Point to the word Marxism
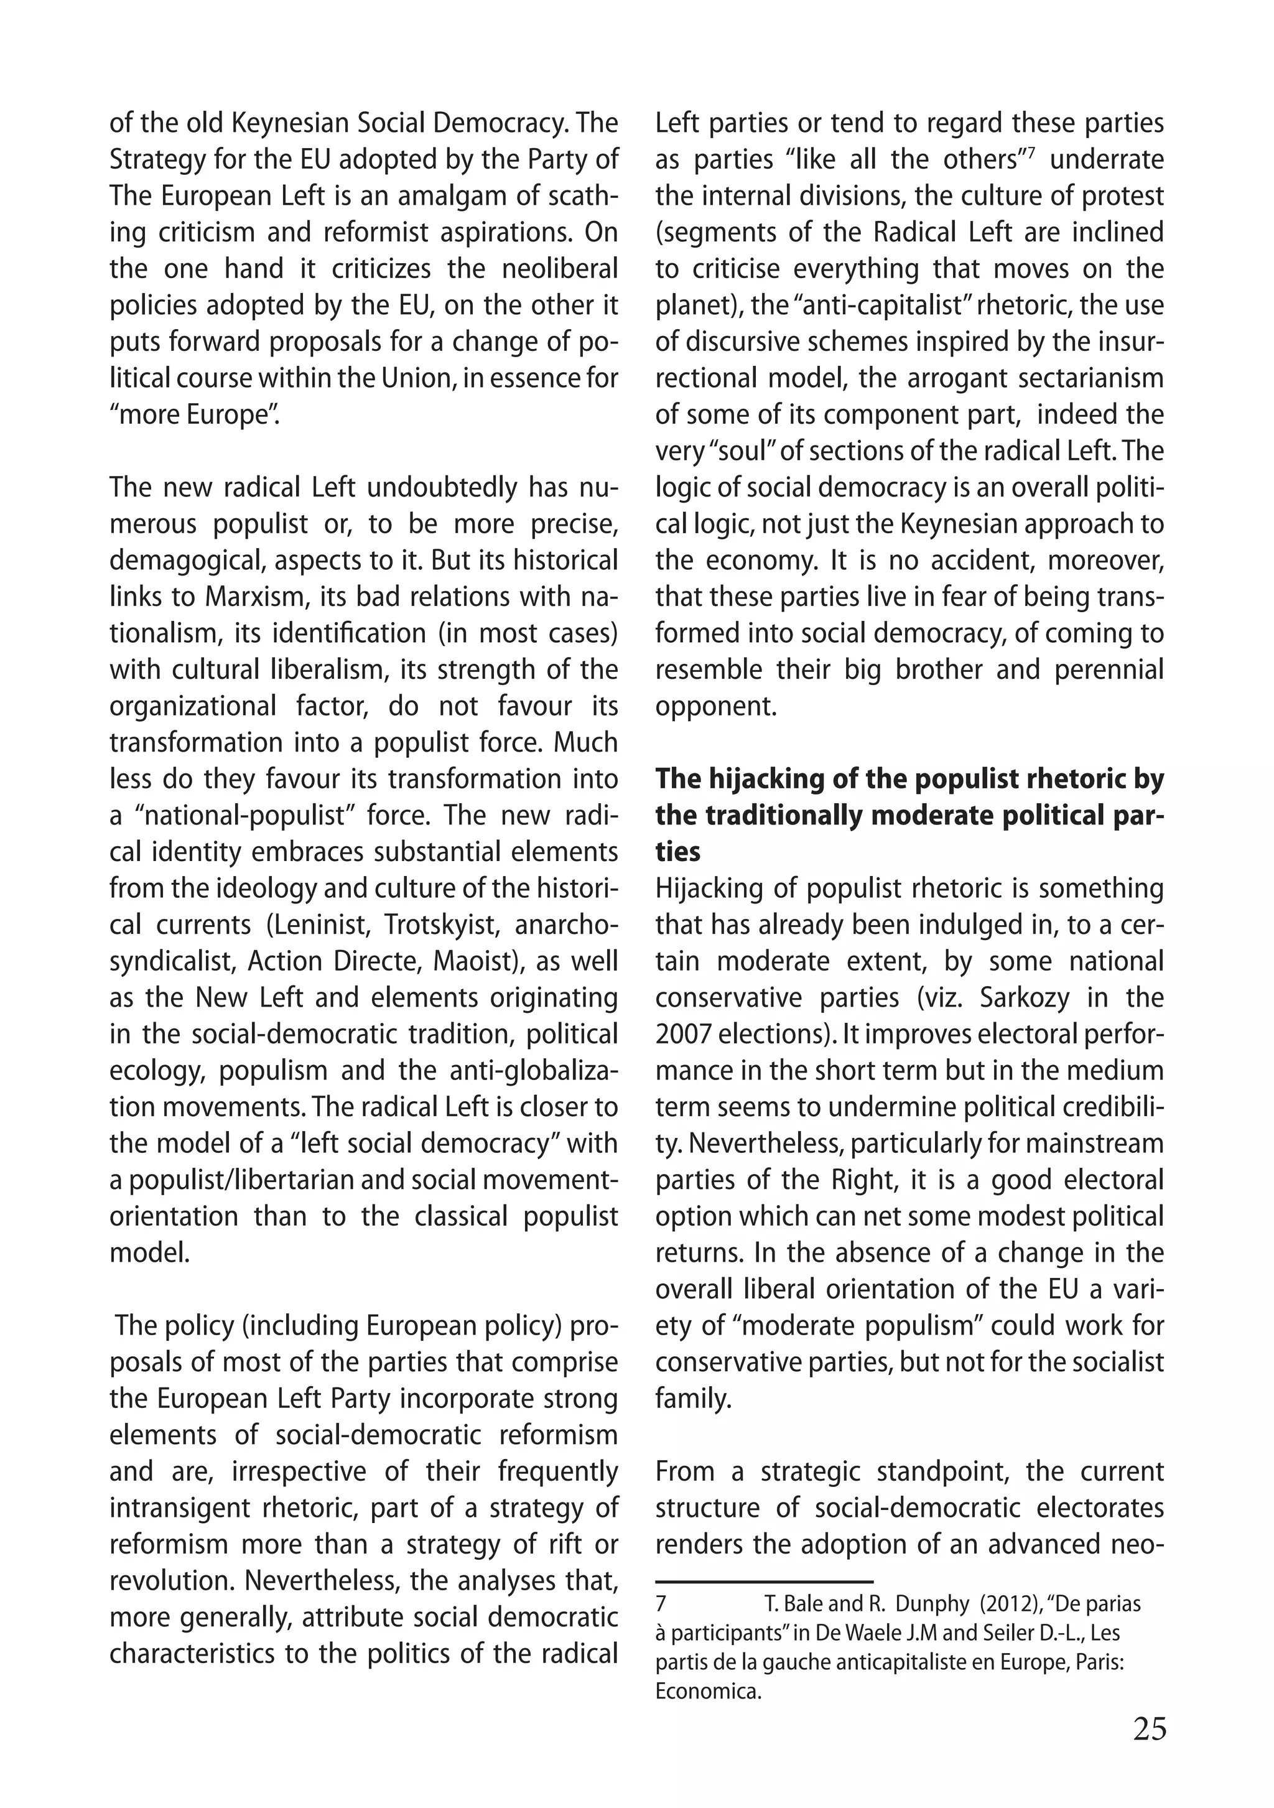(254, 597)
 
